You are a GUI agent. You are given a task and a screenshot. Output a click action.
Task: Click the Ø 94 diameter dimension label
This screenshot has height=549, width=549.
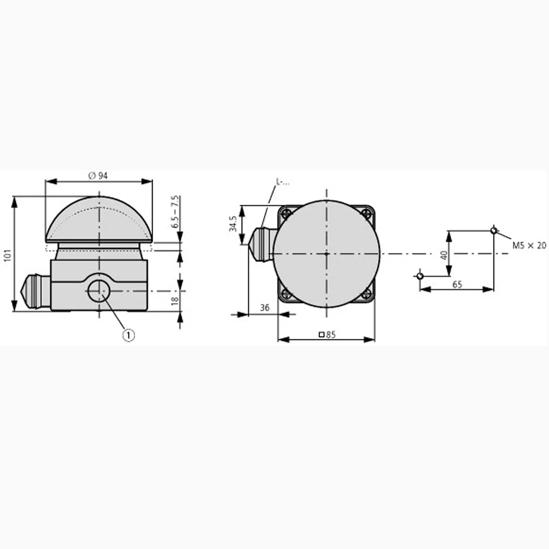[x=98, y=176]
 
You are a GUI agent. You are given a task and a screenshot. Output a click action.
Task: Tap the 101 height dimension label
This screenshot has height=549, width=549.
[x=8, y=255]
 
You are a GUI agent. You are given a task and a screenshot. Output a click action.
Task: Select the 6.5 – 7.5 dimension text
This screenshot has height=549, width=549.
[x=176, y=212]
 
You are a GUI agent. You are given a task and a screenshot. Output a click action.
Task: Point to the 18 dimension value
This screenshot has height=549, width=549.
[x=175, y=300]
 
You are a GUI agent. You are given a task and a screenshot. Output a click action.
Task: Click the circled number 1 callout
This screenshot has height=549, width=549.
[x=128, y=335]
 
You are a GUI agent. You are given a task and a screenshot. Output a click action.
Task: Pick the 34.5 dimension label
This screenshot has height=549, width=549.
[x=233, y=223]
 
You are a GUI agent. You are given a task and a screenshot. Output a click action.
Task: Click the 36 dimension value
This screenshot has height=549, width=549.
[x=265, y=307]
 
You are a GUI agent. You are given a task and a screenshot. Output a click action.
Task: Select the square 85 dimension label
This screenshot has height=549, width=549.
[x=327, y=335]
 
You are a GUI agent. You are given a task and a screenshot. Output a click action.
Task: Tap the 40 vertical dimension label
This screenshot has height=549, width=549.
[x=444, y=255]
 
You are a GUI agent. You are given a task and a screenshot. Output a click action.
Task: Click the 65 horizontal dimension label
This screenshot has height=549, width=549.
[x=457, y=284]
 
